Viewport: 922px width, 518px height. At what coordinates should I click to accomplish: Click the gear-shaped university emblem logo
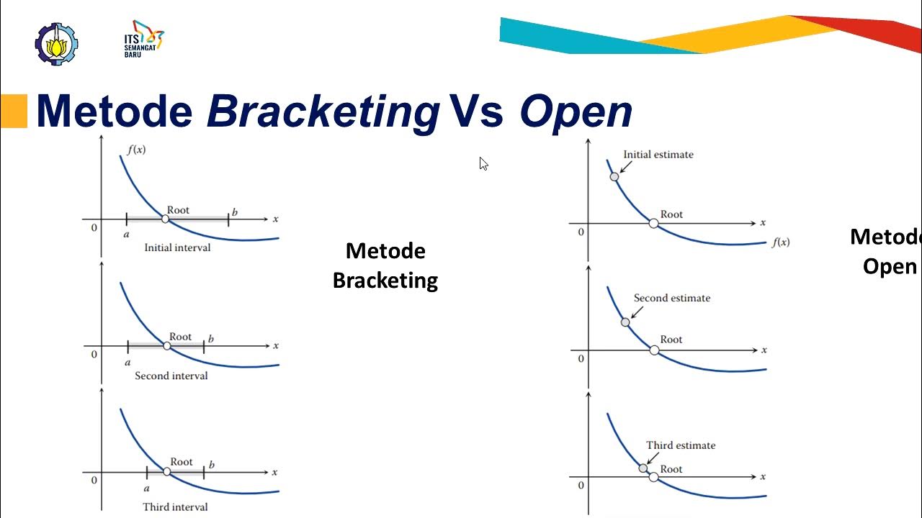point(56,44)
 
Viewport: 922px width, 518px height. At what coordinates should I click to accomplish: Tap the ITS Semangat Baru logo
point(143,39)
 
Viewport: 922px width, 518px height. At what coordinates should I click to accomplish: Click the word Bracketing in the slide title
point(323,112)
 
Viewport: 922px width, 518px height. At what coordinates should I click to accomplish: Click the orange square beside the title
point(14,111)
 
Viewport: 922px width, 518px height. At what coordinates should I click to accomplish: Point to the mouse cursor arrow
point(483,163)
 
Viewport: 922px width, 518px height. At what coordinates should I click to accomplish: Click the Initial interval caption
point(177,247)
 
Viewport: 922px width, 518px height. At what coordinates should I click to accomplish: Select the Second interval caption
point(171,376)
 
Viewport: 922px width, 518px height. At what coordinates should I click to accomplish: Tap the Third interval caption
point(175,507)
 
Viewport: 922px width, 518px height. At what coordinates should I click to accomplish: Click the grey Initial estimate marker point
point(614,177)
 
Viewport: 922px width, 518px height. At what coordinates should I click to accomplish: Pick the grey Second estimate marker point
point(625,322)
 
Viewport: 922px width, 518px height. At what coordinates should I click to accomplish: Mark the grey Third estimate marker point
point(643,468)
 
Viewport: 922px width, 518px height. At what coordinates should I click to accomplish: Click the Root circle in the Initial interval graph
point(165,219)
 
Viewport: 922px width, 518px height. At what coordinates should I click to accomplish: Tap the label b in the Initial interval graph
point(235,212)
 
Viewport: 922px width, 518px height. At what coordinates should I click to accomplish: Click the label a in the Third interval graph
point(146,489)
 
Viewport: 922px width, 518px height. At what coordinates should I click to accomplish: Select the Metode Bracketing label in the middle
point(385,265)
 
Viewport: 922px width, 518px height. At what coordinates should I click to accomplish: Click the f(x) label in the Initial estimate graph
point(781,242)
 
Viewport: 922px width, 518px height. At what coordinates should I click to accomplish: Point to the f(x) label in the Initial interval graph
point(136,150)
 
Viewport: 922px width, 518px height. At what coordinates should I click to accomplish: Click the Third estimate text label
point(681,445)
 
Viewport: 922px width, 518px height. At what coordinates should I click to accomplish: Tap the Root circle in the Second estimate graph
point(654,350)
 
